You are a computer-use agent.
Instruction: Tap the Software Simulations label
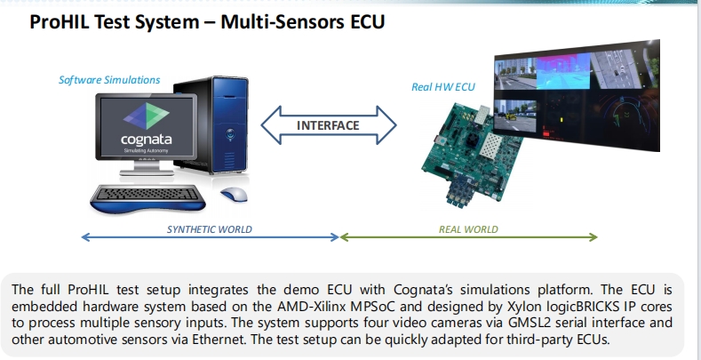point(109,80)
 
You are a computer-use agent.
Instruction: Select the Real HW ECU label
point(443,87)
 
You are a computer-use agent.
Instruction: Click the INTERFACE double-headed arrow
point(328,125)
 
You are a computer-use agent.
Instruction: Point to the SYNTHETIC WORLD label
point(209,229)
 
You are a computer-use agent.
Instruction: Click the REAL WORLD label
point(468,229)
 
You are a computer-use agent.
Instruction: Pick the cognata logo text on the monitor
point(147,140)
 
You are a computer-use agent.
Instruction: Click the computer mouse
point(234,194)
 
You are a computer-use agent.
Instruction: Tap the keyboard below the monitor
point(148,195)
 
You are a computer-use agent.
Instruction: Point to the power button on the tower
point(230,133)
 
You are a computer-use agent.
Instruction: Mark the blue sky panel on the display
point(563,72)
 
